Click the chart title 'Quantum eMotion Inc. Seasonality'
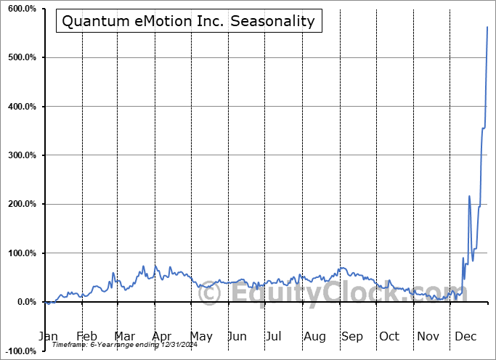pos(189,21)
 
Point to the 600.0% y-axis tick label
pos(21,9)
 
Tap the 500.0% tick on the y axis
pos(21,57)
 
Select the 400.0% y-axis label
pos(21,107)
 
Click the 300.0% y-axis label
pos(21,155)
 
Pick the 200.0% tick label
pos(21,204)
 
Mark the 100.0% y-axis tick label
pos(21,253)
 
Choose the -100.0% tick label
pos(20,351)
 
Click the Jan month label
pos(48,336)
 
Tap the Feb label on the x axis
pos(86,336)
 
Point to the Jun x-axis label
pos(237,336)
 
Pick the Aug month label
pos(314,336)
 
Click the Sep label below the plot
pos(352,336)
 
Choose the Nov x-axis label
pos(428,336)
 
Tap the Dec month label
pos(466,336)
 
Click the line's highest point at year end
pos(487,27)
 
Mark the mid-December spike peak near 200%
pos(469,196)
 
